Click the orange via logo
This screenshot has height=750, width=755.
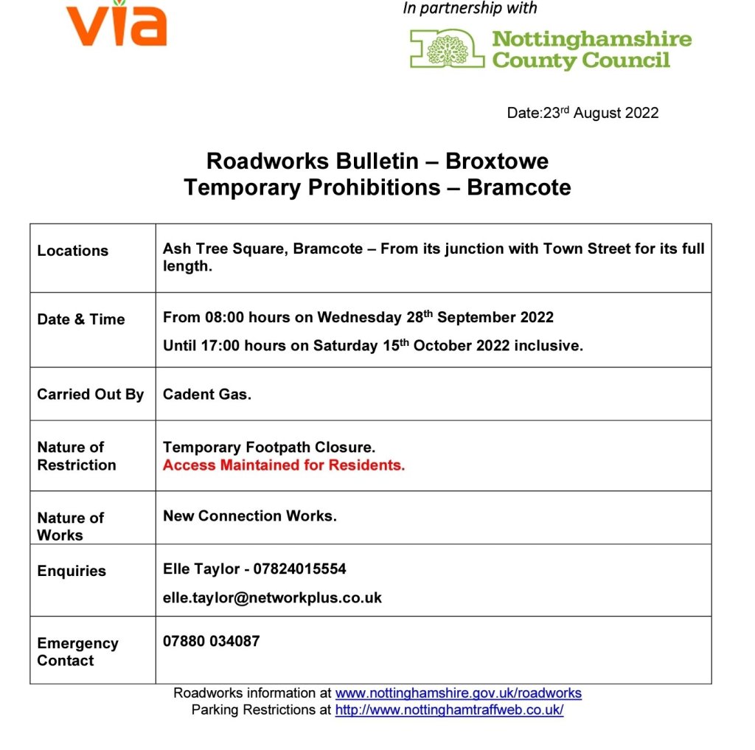tap(116, 24)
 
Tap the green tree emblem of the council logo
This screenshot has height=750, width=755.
tap(448, 49)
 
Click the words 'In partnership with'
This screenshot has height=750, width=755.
tap(470, 8)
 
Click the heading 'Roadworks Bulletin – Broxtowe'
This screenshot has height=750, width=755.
tap(377, 161)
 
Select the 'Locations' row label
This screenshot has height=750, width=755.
tap(73, 251)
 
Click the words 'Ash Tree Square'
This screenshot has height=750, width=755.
tap(223, 249)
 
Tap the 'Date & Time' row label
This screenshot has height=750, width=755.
tap(81, 319)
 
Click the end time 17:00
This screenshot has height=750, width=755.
tap(222, 346)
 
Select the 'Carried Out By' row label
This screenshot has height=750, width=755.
tap(91, 395)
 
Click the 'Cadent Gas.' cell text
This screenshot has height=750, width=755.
tap(207, 395)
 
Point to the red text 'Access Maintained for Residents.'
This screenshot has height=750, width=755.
tap(284, 465)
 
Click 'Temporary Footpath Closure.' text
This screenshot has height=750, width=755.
tap(269, 448)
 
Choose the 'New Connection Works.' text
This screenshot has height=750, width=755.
tap(249, 516)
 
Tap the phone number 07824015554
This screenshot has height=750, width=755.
tap(299, 569)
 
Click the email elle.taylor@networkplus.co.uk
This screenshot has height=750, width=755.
tap(272, 597)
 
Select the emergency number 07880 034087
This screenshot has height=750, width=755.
tap(211, 642)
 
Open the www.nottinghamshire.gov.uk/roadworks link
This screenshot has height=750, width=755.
tap(458, 693)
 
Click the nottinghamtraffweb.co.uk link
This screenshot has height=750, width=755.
tap(449, 710)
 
